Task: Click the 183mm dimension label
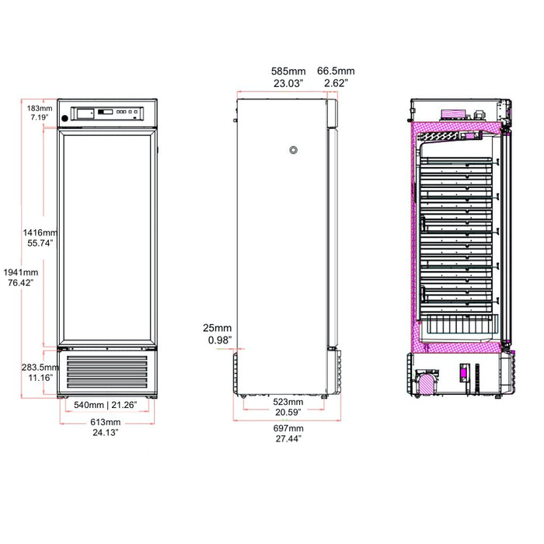point(39,108)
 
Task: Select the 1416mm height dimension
point(39,232)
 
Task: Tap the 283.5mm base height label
point(39,368)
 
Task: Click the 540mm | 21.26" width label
point(106,406)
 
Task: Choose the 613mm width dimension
point(106,422)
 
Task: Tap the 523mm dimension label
point(288,402)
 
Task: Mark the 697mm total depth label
point(288,428)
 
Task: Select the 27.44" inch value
point(288,438)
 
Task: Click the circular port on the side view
point(293,150)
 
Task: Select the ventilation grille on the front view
point(106,373)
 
